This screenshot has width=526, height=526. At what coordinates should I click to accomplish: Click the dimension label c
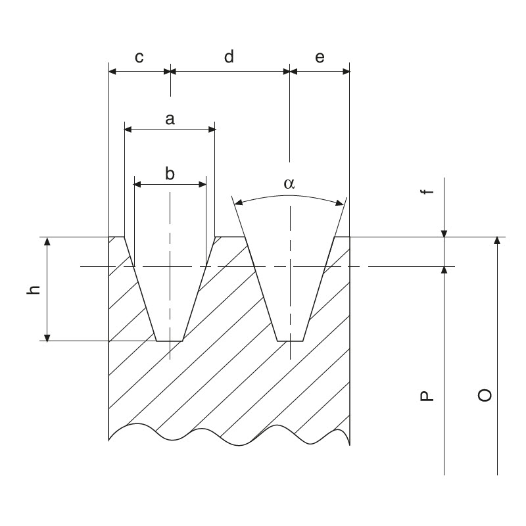click(x=139, y=58)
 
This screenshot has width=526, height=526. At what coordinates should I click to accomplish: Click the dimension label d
click(x=229, y=58)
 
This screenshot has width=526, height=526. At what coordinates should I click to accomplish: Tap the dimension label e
click(x=320, y=58)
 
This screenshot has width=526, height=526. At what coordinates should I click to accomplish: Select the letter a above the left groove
click(x=170, y=119)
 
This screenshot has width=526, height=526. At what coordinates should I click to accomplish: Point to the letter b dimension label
click(x=170, y=174)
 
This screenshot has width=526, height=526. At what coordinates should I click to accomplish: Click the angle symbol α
click(x=289, y=184)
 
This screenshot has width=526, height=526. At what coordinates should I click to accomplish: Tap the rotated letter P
click(x=427, y=395)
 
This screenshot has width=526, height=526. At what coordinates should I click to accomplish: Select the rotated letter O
click(x=485, y=394)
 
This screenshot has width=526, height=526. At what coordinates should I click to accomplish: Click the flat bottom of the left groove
click(x=170, y=341)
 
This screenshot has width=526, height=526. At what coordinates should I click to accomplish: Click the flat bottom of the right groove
click(x=290, y=341)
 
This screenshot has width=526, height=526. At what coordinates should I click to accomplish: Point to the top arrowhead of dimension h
click(x=47, y=241)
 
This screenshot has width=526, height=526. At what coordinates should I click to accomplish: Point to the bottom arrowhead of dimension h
click(x=47, y=337)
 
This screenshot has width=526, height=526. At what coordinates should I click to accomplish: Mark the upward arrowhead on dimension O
click(x=498, y=241)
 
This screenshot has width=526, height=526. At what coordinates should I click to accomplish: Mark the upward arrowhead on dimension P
click(x=444, y=270)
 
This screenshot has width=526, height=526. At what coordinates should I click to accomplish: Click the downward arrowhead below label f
click(x=444, y=232)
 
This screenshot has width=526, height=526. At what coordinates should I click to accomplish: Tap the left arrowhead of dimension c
click(x=112, y=71)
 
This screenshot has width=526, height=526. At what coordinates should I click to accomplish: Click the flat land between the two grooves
click(x=230, y=237)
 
